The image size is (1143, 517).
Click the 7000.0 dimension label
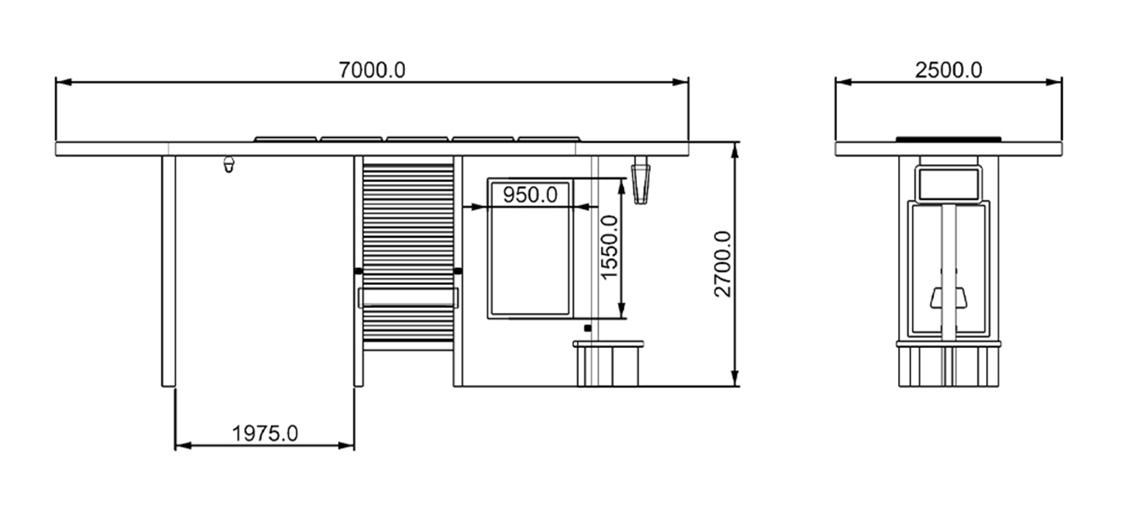(x=371, y=70)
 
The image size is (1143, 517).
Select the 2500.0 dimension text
(x=948, y=70)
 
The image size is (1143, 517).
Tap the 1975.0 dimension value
(x=265, y=434)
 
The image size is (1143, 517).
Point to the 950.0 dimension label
(x=530, y=195)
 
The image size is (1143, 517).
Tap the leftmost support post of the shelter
(x=168, y=270)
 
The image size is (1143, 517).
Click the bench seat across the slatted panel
(x=407, y=297)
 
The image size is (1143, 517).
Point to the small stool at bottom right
(x=608, y=363)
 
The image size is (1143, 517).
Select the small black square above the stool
(x=587, y=328)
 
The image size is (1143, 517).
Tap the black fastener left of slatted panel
(x=358, y=270)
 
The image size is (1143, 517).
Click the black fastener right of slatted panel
(x=458, y=270)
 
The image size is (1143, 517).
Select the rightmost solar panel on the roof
(x=550, y=139)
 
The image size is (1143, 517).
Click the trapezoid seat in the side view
(x=949, y=298)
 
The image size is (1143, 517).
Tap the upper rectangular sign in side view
(x=948, y=184)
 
